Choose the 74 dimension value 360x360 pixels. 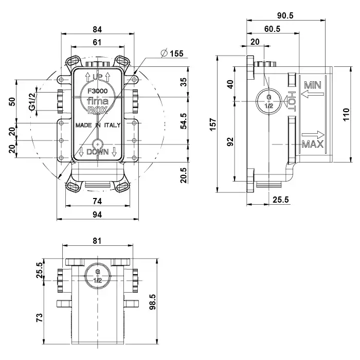[97, 200]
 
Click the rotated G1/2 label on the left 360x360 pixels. [32, 102]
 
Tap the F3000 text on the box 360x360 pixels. [97, 88]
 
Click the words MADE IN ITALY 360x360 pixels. [97, 125]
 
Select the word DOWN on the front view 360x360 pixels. [97, 152]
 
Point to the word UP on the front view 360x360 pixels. [97, 77]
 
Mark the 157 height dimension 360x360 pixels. [212, 123]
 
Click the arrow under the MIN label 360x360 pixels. [313, 94]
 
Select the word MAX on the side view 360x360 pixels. [312, 144]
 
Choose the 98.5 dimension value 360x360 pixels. [153, 298]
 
